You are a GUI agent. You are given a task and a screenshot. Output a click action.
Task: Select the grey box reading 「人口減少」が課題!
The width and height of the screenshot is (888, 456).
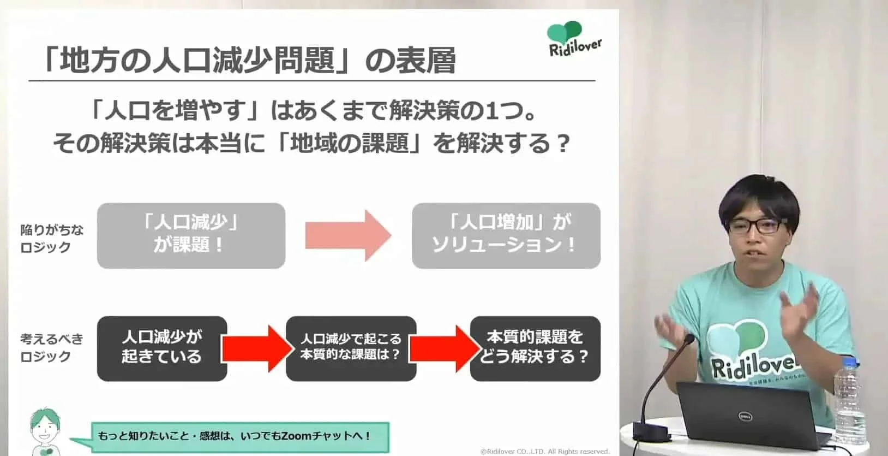click(x=191, y=235)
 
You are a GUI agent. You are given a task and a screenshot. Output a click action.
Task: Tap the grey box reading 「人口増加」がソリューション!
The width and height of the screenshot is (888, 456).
click(x=506, y=235)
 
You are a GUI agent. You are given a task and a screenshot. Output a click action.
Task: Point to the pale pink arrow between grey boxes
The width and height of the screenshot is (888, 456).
click(x=348, y=235)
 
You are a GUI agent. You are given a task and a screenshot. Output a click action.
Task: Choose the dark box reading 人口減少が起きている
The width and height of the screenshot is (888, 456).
click(x=162, y=348)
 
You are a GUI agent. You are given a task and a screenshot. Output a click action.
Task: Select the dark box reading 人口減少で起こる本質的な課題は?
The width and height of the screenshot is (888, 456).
click(x=351, y=348)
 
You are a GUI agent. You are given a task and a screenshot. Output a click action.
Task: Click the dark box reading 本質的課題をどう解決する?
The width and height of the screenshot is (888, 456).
click(x=535, y=348)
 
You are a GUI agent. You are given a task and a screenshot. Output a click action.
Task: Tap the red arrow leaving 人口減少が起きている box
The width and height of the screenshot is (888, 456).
click(x=255, y=348)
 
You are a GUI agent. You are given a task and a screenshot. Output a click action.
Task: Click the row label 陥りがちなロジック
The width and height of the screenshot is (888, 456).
click(x=52, y=239)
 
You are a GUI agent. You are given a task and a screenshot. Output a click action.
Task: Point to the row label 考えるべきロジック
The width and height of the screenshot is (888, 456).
click(x=52, y=348)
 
